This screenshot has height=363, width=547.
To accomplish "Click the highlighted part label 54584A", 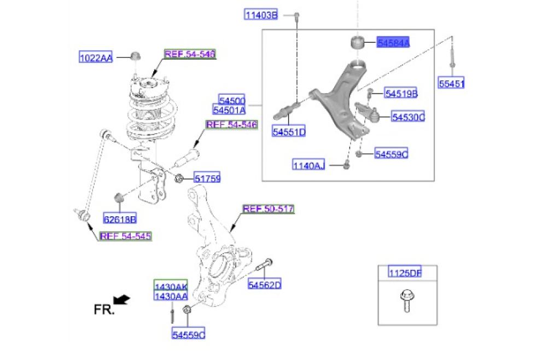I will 393,42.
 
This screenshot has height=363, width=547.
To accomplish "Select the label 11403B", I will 261,15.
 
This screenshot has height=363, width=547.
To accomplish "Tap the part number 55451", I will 452,84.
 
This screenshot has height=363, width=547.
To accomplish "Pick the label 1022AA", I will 96,57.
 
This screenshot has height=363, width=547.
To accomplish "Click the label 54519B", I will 401,94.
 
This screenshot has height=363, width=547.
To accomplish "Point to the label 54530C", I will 408,117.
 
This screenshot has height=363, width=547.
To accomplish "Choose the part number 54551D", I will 289,132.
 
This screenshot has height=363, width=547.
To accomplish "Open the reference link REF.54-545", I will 125,236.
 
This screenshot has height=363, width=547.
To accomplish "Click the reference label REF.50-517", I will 269,209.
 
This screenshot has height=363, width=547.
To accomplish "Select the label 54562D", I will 264,285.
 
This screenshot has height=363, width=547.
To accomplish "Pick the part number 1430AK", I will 171,287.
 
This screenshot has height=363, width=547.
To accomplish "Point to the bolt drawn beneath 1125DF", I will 406,301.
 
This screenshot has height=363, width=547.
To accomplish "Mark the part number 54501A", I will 232,110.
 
